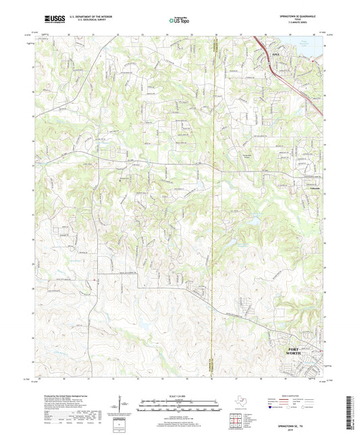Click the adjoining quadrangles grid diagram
tap(237, 420)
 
